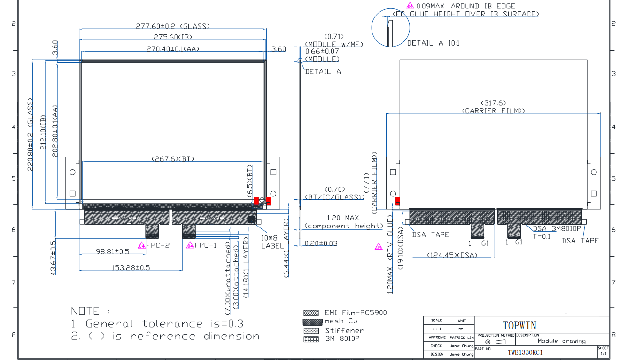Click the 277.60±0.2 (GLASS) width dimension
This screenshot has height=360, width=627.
[x=173, y=26]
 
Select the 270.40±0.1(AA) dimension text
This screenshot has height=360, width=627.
[x=173, y=49]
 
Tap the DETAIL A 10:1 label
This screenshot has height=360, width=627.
[x=433, y=43]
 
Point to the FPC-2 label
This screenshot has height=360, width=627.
[x=157, y=245]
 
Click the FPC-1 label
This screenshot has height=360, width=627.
[x=205, y=245]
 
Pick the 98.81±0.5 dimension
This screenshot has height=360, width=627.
[x=112, y=251]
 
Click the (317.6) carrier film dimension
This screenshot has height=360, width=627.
[x=493, y=103]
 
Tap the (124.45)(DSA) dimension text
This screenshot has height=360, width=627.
[x=452, y=255]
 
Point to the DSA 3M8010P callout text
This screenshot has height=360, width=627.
[x=557, y=229]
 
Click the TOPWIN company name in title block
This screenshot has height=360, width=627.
[x=519, y=326]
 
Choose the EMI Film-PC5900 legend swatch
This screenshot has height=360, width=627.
[x=311, y=313]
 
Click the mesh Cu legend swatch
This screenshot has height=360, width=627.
[x=311, y=321]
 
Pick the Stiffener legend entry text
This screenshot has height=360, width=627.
[x=344, y=330]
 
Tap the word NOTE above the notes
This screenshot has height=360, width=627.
[x=85, y=311]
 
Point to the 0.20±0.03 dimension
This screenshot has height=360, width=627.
[x=321, y=243]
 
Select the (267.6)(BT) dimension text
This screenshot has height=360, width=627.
[x=172, y=159]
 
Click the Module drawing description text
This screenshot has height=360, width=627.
[x=561, y=341]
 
